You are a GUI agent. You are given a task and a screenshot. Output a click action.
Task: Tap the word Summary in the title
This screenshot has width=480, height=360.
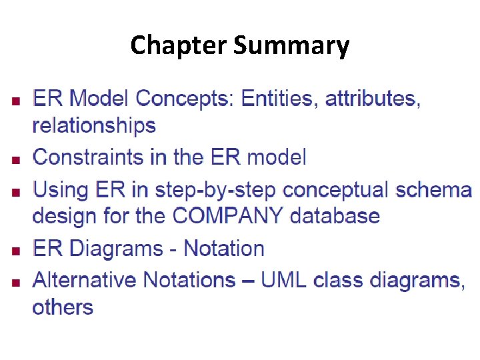click(291, 46)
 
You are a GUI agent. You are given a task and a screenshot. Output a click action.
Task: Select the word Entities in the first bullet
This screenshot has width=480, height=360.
click(279, 99)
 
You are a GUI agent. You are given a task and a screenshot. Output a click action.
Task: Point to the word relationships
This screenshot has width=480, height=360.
click(94, 125)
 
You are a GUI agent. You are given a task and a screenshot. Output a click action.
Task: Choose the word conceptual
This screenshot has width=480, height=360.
click(336, 190)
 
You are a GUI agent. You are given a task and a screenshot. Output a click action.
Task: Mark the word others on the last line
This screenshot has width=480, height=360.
click(63, 307)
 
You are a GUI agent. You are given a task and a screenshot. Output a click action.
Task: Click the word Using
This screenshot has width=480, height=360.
click(60, 190)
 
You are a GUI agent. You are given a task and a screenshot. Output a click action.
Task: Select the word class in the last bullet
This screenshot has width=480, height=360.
click(337, 280)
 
